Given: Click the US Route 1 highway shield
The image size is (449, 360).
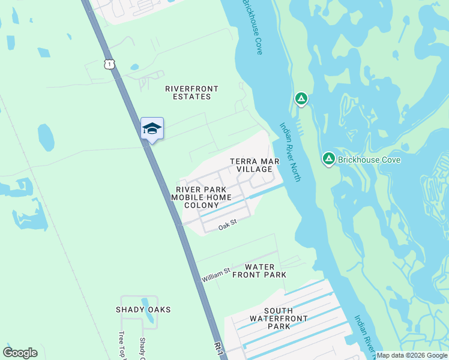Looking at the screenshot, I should (109, 63).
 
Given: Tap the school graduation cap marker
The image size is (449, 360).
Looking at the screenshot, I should (152, 128).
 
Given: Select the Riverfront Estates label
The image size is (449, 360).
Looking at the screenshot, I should (191, 92).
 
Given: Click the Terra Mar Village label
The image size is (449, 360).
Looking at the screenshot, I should (251, 166).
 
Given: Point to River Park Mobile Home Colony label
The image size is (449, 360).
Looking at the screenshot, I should (201, 197).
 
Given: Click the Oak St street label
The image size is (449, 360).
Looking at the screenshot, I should (228, 225).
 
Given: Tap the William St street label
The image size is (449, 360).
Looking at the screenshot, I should (216, 275).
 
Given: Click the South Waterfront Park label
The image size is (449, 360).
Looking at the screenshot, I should (279, 318).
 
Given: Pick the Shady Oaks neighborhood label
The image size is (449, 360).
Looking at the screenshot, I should (143, 310).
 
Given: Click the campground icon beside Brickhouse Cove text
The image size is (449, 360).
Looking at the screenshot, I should (328, 159).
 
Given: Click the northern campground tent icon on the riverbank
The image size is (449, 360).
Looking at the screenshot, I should (301, 99).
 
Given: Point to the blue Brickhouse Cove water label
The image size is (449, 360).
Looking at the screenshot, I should (252, 27).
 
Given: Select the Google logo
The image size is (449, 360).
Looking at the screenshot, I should (20, 353).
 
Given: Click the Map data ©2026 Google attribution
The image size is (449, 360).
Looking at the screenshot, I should (411, 355).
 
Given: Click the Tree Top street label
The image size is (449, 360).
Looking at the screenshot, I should (121, 344).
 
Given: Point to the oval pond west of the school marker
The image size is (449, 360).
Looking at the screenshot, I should (46, 137).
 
